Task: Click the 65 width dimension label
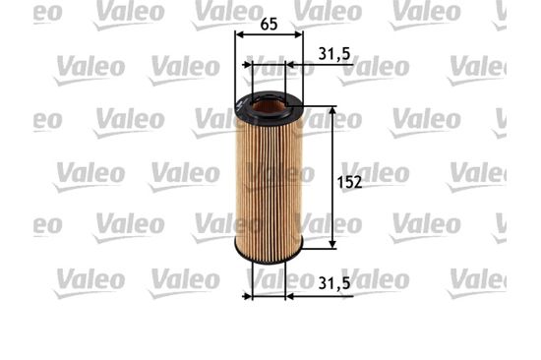[x=269, y=25]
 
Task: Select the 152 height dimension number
[x=349, y=182]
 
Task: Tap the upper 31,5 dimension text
[x=334, y=54]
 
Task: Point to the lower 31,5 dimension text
[x=334, y=283]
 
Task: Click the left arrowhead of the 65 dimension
[x=240, y=34]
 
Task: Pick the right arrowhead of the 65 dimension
[x=298, y=34]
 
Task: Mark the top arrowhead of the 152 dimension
[x=332, y=110]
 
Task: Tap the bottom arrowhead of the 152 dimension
[x=332, y=244]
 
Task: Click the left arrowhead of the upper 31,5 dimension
[x=248, y=65]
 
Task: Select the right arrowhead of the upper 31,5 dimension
[x=290, y=65]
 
